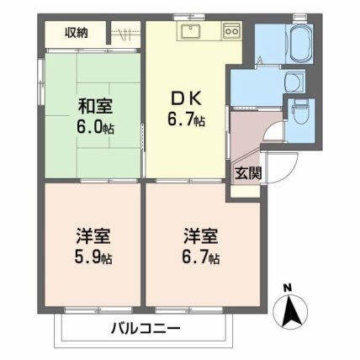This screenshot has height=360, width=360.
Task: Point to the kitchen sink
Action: pyautogui.click(x=188, y=32)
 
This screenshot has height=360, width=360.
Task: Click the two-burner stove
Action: pyautogui.click(x=231, y=32)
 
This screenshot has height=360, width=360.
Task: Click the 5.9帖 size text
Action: pyautogui.click(x=91, y=256)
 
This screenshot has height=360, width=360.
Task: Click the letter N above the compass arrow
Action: pyautogui.click(x=289, y=289)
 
